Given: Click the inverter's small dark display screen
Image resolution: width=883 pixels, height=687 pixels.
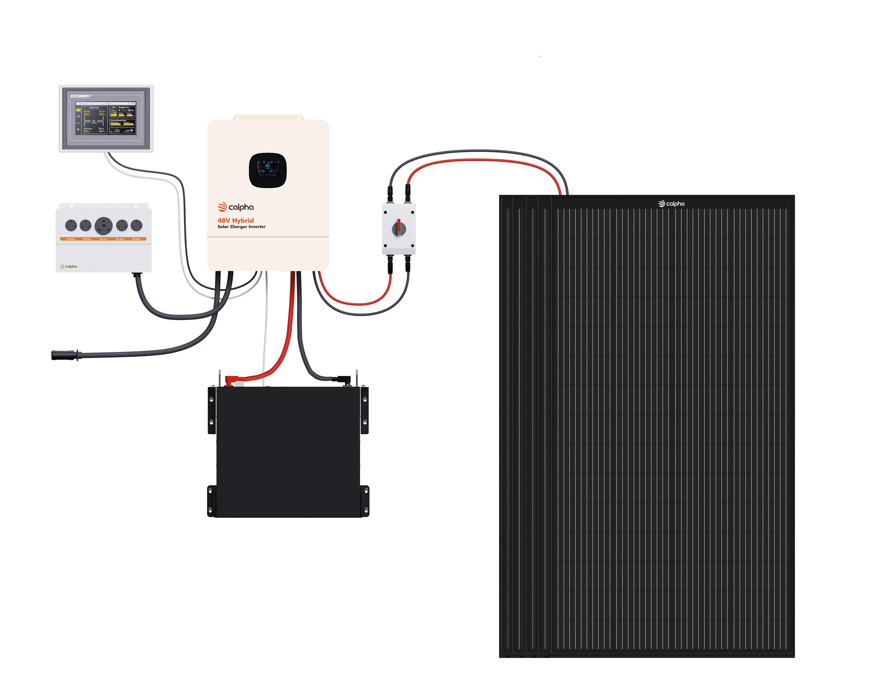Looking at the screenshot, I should (268, 170).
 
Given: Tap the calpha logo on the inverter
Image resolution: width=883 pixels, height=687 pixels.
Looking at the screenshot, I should (236, 207).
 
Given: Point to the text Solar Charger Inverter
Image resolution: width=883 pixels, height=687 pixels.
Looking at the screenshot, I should (241, 227).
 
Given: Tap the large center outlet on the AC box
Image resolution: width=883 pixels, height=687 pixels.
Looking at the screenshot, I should (103, 225).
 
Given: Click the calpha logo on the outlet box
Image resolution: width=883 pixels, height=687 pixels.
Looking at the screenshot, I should (69, 266).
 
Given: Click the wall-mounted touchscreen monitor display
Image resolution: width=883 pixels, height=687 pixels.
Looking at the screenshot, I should (106, 118).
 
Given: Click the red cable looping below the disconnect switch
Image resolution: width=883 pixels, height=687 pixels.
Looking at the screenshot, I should (356, 303).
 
